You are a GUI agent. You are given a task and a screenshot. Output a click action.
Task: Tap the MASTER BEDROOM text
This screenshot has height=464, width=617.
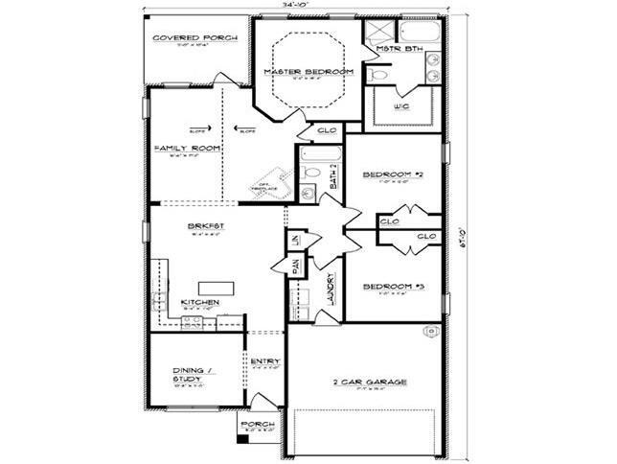click(308, 73)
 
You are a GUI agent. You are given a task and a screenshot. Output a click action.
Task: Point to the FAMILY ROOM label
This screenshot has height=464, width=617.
click(188, 149)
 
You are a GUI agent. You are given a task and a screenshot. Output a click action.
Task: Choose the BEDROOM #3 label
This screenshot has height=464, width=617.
click(393, 287)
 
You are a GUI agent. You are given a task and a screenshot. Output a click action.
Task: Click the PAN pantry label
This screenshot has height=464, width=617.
click(296, 266)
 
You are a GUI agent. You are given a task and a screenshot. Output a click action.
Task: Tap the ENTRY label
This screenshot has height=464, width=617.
click(263, 361)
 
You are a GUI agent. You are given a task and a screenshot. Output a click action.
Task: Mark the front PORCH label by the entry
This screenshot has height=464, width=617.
click(257, 424)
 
